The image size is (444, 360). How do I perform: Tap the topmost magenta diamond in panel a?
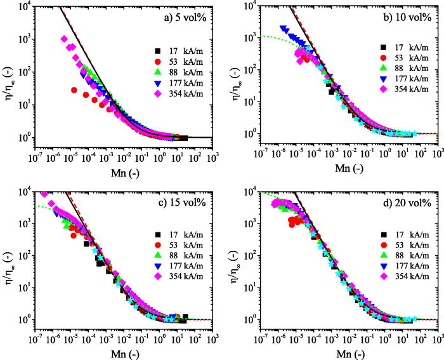coord(64,39)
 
